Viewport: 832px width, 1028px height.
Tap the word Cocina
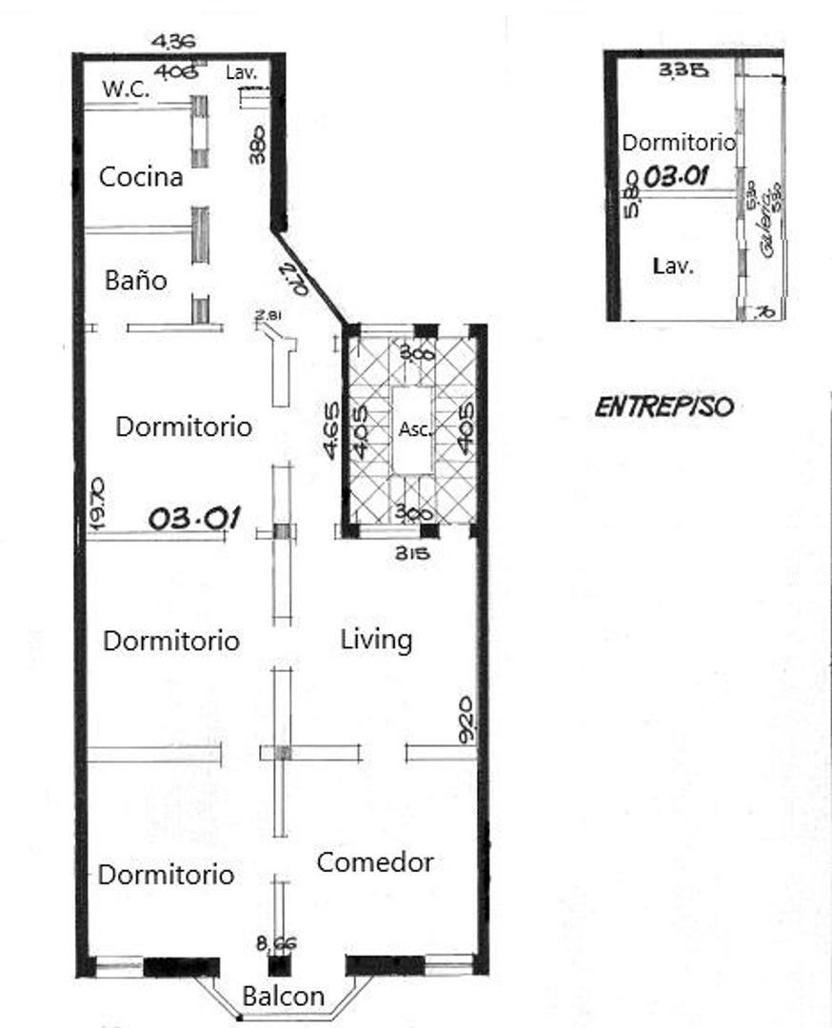[x=141, y=177]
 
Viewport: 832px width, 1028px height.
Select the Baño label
[x=135, y=282]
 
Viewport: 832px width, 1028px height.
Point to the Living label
[x=376, y=640]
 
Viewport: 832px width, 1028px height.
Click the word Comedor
[x=374, y=862]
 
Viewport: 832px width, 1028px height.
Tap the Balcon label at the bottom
[x=283, y=998]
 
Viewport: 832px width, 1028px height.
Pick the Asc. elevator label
[x=415, y=429]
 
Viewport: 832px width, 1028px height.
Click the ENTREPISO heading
[x=664, y=407]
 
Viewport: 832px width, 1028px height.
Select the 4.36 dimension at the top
[x=174, y=41]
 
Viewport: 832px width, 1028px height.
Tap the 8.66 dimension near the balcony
[x=277, y=943]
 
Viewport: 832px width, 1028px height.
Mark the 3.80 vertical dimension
[x=257, y=146]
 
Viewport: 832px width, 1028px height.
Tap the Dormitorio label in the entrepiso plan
[x=678, y=143]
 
